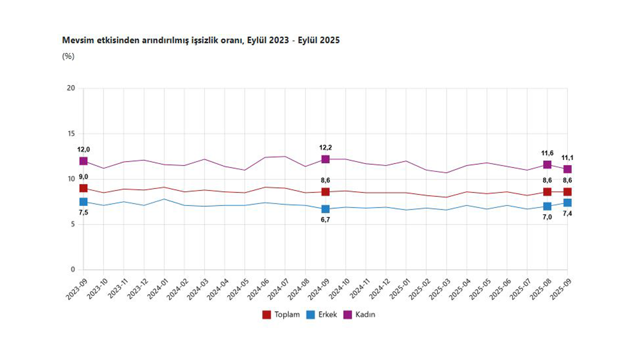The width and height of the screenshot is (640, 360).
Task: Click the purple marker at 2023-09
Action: pos(83,161)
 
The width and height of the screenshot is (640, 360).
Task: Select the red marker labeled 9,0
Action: pos(83,188)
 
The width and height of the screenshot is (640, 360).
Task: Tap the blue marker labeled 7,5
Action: pos(83,201)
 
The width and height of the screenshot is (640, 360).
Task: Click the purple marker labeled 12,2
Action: pos(325,159)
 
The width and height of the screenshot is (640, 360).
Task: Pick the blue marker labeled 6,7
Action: pos(325,209)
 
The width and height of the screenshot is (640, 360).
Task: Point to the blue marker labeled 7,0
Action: pos(547,206)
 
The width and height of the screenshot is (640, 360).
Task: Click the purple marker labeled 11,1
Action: pos(567,169)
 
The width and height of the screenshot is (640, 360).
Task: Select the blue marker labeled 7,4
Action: pos(567,202)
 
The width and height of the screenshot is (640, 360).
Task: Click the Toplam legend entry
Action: pos(281,314)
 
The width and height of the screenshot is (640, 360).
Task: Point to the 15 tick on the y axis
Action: pos(71,133)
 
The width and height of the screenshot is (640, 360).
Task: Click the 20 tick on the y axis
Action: pos(71,88)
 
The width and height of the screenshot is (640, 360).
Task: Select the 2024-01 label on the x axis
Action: pos(157,288)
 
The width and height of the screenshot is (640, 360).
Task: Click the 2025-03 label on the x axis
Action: pos(439,288)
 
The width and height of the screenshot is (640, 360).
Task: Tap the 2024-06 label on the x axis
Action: pos(258,288)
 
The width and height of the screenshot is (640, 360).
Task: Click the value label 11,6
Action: pos(547,153)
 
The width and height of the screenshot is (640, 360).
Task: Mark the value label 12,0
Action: pos(83,149)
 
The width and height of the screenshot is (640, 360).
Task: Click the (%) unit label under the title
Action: pos(68,56)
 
